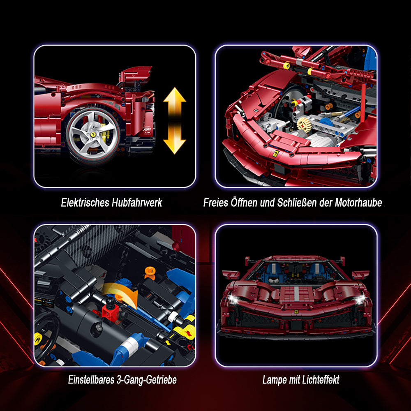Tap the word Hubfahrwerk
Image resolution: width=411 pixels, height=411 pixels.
137,203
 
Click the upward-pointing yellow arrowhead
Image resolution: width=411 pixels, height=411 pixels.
175,96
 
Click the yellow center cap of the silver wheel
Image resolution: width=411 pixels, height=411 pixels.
93,134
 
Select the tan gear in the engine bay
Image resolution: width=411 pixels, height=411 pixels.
305,125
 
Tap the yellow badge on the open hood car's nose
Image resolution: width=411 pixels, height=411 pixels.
275,154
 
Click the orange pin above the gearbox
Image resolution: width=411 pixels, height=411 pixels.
150,272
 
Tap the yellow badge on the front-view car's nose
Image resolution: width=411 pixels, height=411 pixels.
296,312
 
